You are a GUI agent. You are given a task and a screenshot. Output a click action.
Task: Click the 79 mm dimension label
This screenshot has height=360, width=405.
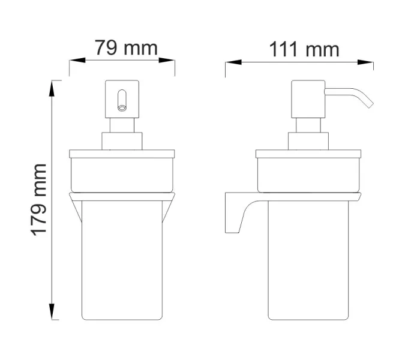(x=126, y=48)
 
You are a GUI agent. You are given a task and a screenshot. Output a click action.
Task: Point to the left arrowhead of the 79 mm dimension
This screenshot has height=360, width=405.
(x=74, y=61)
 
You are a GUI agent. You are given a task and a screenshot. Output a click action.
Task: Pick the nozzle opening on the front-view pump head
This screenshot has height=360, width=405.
(x=122, y=107)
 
